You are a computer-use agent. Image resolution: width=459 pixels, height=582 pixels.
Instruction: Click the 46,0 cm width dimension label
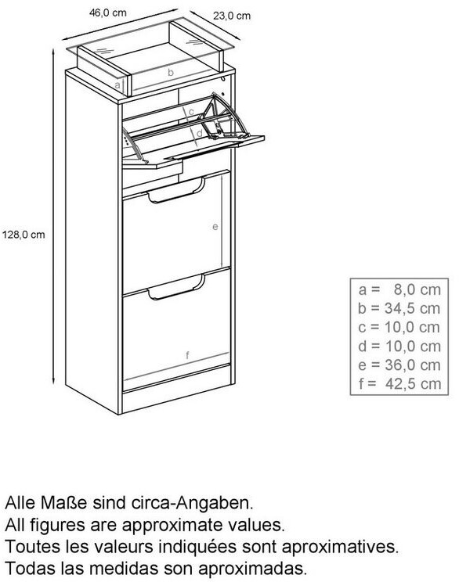coord(108,13)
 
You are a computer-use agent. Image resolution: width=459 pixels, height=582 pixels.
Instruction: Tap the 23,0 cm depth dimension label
coord(232,16)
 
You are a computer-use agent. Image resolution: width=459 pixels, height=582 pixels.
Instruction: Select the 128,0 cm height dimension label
coord(23,235)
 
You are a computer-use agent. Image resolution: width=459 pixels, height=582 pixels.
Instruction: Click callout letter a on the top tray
coord(117,85)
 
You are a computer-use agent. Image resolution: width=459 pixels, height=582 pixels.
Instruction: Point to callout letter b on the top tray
coord(171,72)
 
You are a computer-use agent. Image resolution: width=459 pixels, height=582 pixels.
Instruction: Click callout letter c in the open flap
coord(191,111)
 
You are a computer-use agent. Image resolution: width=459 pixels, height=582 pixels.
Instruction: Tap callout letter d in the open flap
coord(199,132)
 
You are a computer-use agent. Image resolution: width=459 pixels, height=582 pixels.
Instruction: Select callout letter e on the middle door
coord(215,226)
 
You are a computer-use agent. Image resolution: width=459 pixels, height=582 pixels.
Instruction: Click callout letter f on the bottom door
coord(188,355)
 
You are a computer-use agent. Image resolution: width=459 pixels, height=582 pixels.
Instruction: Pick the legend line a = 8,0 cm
coord(399,289)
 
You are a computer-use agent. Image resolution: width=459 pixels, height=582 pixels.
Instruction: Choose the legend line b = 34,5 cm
coord(399,308)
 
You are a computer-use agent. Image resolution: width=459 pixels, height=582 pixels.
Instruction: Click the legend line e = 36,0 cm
coord(399,365)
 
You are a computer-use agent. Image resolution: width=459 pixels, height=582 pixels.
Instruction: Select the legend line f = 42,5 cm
coord(400,384)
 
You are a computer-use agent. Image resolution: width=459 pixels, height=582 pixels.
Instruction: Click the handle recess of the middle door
coord(175,191)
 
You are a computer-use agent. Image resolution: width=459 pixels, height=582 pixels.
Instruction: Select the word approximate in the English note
coord(180,525)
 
